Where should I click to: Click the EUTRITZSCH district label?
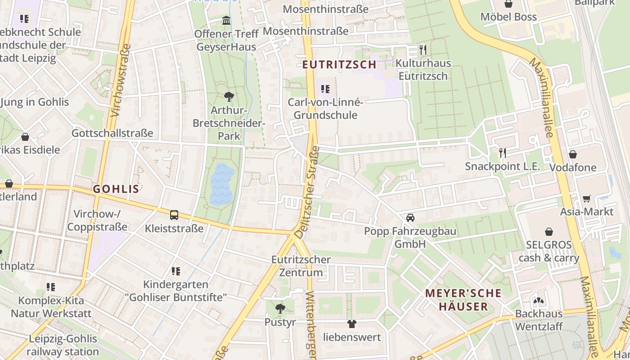pos(339,64)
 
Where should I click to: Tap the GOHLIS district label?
pos(116,189)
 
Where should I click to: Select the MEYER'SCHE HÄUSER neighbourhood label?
pos(463,300)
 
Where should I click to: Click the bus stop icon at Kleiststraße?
pos(174,215)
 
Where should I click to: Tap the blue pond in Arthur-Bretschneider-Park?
pos(222,184)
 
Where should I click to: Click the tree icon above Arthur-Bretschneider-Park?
pos(229,96)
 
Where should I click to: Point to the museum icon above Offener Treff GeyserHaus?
pos(226,21)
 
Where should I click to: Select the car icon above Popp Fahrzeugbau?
pos(410,218)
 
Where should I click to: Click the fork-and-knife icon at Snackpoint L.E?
pos(503,153)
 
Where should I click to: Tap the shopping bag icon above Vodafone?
pos(573,154)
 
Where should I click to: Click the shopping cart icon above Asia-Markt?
pos(587,198)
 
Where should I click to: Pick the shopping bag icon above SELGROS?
pos(549,232)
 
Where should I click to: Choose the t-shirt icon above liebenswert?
pos(352,324)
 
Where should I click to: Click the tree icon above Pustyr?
pos(280,309)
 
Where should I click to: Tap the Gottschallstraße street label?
pos(112,133)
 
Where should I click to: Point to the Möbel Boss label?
pos(508,17)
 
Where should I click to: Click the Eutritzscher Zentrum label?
pos(301,266)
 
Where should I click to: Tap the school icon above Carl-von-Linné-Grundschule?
pos(325,89)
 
